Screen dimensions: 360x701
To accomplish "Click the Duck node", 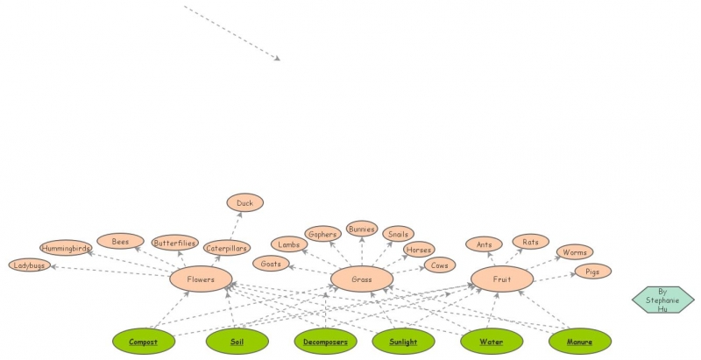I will pyautogui.click(x=244, y=203).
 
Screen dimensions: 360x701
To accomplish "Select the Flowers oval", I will pyautogui.click(x=201, y=279).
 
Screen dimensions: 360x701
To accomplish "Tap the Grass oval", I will pyautogui.click(x=361, y=279).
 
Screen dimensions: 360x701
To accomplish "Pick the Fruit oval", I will pyautogui.click(x=501, y=279).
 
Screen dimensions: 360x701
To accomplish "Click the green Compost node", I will pyautogui.click(x=144, y=342).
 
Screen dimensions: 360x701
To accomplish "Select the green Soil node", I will pyautogui.click(x=237, y=342).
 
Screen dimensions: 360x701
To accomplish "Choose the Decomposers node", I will pyautogui.click(x=325, y=342).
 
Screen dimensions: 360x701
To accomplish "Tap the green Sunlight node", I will pyautogui.click(x=403, y=342).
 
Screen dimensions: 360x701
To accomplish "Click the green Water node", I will pyautogui.click(x=491, y=342).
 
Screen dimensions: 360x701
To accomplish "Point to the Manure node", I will pyautogui.click(x=579, y=342).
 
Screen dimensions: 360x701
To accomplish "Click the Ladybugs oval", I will pyautogui.click(x=29, y=265).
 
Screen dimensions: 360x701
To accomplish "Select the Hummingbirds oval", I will pyautogui.click(x=66, y=248).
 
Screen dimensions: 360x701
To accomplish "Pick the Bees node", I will pyautogui.click(x=120, y=241).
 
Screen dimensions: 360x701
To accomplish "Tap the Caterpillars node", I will pyautogui.click(x=227, y=248).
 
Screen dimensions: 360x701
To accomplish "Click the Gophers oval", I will pyautogui.click(x=322, y=234).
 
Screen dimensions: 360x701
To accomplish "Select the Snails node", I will pyautogui.click(x=398, y=234).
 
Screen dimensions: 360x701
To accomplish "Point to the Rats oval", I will pyautogui.click(x=530, y=241).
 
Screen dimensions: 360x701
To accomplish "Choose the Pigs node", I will pyautogui.click(x=592, y=272).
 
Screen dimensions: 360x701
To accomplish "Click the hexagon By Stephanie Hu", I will pyautogui.click(x=662, y=299).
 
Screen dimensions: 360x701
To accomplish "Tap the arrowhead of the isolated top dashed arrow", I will pyautogui.click(x=277, y=59).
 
